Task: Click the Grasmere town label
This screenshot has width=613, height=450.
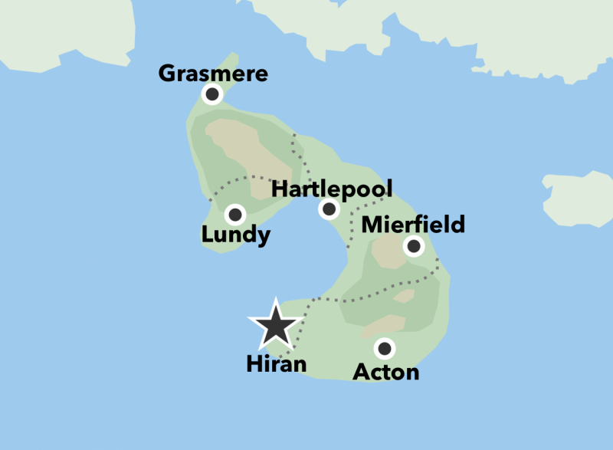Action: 213,74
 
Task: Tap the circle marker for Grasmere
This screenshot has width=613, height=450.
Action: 212,94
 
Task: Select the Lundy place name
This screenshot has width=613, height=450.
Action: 236,235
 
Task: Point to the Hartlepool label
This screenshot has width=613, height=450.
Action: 332,189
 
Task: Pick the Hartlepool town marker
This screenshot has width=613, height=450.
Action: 329,209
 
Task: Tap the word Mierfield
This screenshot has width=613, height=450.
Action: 413,225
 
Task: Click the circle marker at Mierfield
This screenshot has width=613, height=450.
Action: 414,246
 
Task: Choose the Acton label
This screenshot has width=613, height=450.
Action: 386,372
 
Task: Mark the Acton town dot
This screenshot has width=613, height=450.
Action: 385,350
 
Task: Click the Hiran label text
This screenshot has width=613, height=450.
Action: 277,364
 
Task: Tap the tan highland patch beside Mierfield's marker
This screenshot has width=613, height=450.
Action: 388,252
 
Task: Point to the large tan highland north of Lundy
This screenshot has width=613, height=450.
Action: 238,146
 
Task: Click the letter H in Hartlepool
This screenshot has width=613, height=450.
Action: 280,189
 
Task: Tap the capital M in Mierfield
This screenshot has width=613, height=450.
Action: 372,225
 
